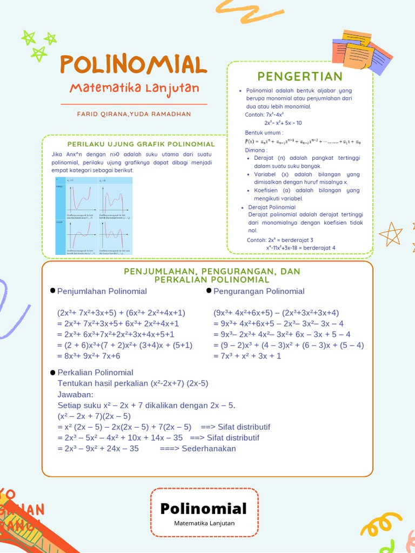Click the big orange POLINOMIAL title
(133, 64)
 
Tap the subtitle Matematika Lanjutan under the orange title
(134, 88)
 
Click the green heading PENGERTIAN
(300, 76)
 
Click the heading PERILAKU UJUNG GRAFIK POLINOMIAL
(140, 144)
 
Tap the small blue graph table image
(94, 215)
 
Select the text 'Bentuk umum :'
(264, 132)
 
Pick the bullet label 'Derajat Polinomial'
(272, 207)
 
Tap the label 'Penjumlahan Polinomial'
(102, 291)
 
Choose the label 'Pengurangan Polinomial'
(259, 291)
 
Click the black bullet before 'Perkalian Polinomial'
(52, 373)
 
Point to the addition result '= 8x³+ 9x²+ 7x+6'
(89, 356)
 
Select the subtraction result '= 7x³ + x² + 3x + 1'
(247, 356)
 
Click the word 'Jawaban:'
(75, 394)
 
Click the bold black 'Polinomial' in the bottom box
(204, 508)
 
